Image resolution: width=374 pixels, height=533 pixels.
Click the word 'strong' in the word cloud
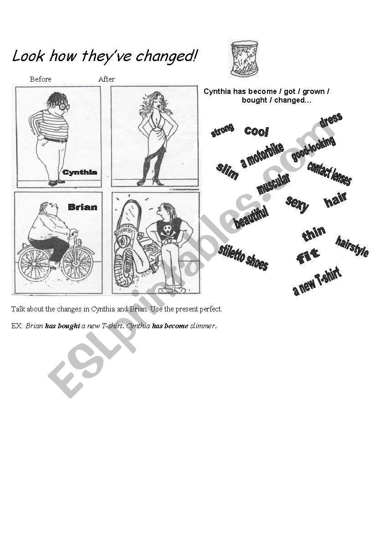click(x=222, y=130)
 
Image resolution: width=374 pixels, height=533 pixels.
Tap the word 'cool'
click(x=257, y=131)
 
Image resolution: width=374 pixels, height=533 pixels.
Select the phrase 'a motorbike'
click(x=262, y=155)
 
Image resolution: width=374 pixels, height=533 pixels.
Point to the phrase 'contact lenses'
click(x=329, y=173)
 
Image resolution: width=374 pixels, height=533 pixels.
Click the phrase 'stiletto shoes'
click(x=243, y=257)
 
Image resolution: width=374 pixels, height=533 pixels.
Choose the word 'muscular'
click(x=273, y=184)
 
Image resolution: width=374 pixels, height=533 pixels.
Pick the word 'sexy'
click(x=297, y=203)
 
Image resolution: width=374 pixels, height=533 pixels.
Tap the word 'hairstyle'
click(x=352, y=246)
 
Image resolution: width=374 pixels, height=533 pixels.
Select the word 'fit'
click(x=308, y=257)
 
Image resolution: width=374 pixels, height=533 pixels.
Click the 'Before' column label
click(x=41, y=79)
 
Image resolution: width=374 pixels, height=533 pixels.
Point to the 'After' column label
click(x=107, y=79)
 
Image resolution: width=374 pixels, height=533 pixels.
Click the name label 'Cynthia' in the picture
click(x=80, y=172)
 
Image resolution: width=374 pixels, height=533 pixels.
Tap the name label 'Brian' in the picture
click(x=82, y=207)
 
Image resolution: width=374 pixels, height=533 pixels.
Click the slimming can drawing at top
click(x=244, y=58)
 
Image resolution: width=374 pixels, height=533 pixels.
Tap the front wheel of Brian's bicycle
click(x=77, y=263)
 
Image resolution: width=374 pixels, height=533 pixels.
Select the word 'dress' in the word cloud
click(x=331, y=120)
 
